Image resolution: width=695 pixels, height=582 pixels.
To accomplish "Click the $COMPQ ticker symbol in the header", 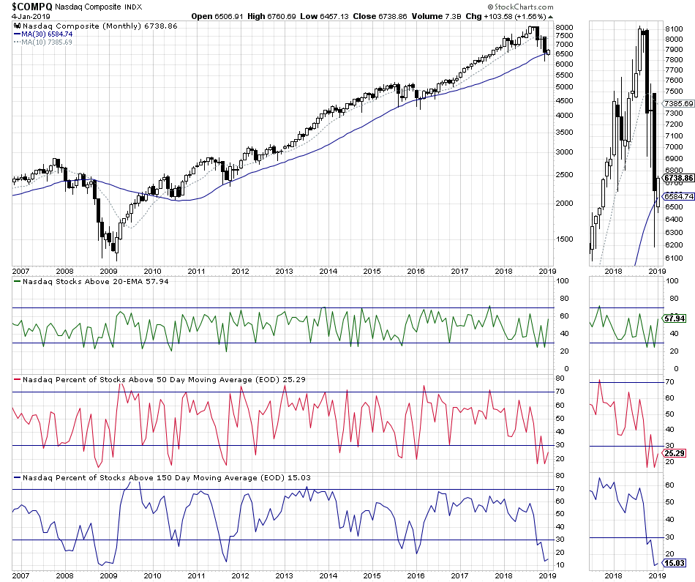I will click(x=31, y=5).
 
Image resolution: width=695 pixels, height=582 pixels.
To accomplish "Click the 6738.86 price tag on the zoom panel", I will click(x=677, y=178).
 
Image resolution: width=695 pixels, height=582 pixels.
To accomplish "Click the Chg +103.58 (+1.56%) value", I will click(x=513, y=15).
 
